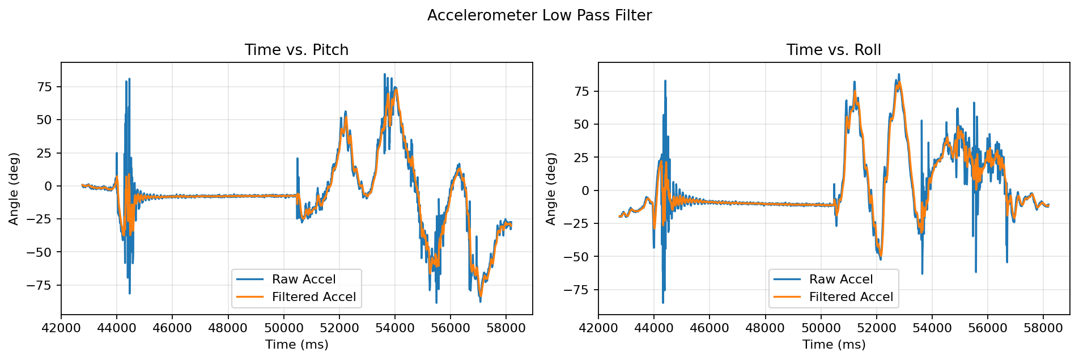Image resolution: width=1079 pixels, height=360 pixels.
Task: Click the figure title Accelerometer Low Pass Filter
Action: (539, 15)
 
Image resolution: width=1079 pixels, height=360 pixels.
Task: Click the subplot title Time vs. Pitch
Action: (296, 50)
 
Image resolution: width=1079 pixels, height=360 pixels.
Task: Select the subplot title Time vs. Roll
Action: (833, 50)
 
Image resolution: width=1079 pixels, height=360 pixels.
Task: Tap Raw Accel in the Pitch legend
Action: (304, 279)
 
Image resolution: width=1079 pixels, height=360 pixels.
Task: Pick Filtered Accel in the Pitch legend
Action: (313, 297)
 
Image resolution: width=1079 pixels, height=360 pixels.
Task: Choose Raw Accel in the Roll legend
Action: (841, 279)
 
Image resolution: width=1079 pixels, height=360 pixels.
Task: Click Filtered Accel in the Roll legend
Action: (851, 297)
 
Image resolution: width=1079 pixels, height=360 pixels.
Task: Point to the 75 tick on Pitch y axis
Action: (45, 87)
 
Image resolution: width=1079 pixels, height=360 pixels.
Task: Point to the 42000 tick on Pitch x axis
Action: (61, 327)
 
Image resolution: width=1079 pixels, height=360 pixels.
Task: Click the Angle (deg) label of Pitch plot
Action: (14, 188)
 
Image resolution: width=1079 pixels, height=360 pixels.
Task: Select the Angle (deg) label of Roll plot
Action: (551, 188)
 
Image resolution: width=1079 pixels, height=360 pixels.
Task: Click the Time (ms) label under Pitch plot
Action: (296, 344)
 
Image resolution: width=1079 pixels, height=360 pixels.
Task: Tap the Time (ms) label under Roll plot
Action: (834, 344)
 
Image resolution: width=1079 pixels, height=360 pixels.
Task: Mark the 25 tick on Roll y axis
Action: (582, 157)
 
